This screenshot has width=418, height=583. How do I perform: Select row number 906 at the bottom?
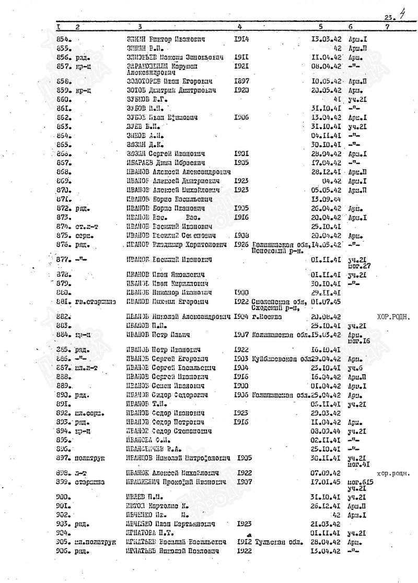(x=63, y=551)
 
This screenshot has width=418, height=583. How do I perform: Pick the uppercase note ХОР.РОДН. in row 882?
(x=393, y=316)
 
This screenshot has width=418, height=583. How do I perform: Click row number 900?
(x=63, y=497)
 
